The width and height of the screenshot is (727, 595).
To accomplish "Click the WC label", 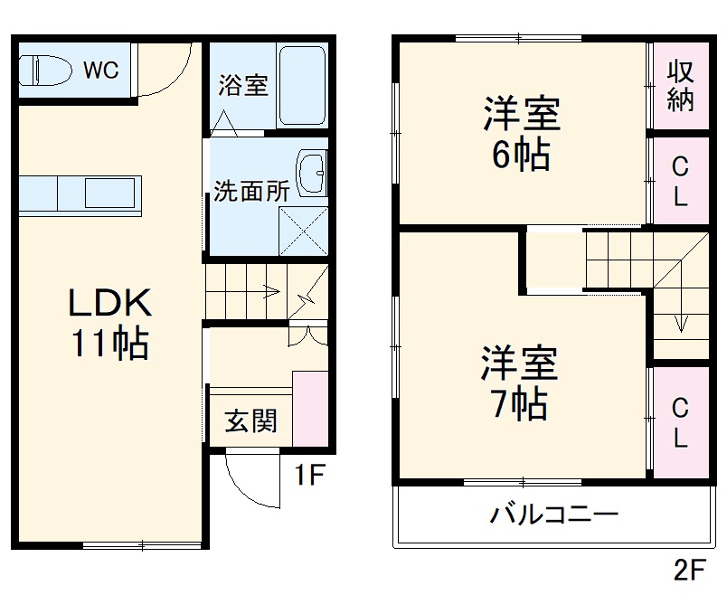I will coord(101,71).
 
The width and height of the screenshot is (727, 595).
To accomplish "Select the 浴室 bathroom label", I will coord(242,86).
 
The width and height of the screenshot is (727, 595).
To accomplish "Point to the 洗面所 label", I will coord(251,192).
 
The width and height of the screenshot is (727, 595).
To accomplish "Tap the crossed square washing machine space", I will coord(302,230).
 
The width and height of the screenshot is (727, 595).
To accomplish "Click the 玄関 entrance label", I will coord(250,420).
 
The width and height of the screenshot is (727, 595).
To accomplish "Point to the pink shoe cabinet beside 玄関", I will coord(310,408).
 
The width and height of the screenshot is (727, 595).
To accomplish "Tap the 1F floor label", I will coord(308,476).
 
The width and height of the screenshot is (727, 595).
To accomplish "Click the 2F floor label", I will coord(689,571).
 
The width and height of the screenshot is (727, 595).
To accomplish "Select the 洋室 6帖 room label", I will coord(521,135).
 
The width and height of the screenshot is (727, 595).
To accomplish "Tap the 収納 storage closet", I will coord(680,86).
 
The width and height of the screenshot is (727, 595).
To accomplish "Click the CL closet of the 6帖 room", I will coord(680,180).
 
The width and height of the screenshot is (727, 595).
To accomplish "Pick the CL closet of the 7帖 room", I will coord(680,423).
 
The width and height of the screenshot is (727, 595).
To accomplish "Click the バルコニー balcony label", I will coord(553,517).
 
